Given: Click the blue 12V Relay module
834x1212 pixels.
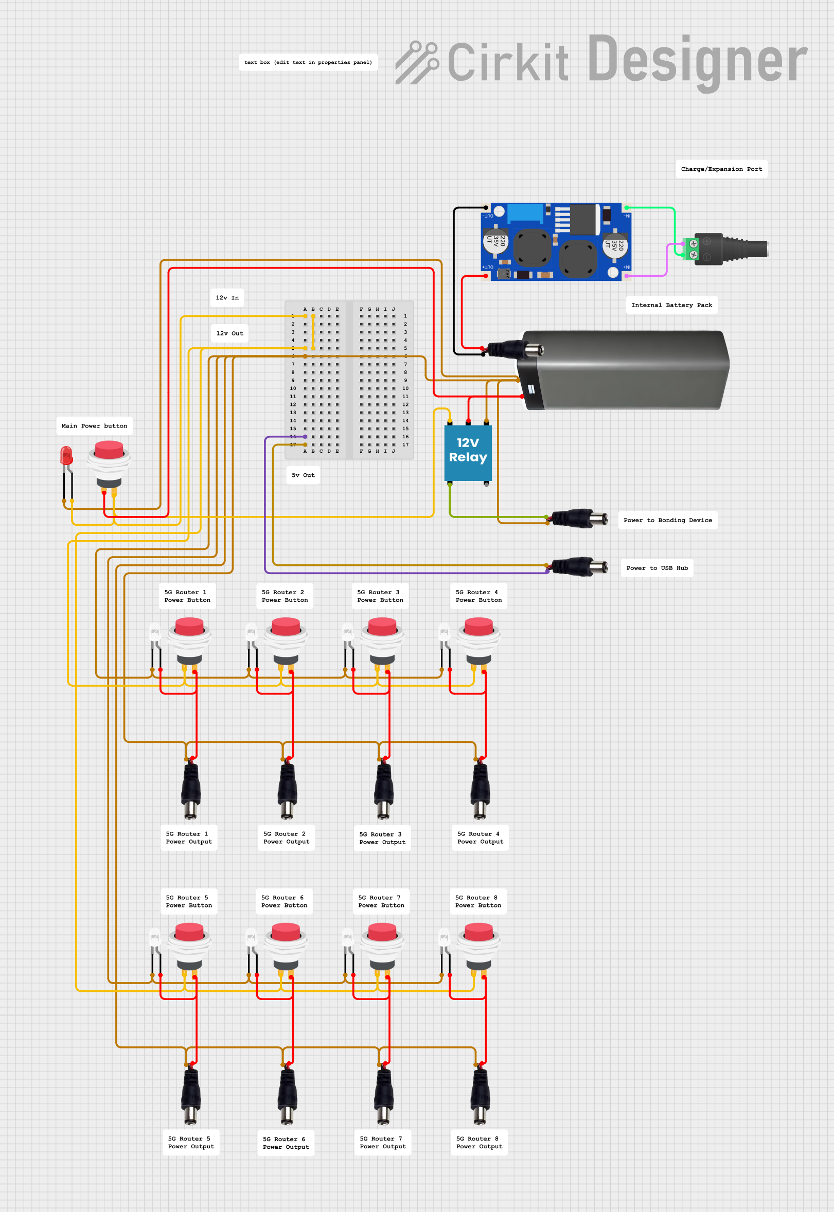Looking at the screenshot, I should (x=468, y=452).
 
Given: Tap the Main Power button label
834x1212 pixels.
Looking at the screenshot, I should (x=94, y=426).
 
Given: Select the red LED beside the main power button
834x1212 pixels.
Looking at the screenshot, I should (x=66, y=456).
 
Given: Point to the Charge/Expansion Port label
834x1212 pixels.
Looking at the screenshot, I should (x=721, y=169).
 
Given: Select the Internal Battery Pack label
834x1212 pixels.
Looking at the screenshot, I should (x=671, y=305).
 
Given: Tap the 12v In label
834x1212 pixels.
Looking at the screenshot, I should (x=227, y=298).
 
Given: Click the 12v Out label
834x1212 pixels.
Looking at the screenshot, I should (x=229, y=333).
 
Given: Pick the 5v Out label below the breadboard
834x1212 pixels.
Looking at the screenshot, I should (x=303, y=475).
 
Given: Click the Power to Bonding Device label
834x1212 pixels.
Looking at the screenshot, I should (x=667, y=520).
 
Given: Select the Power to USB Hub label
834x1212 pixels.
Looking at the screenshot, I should (x=657, y=568).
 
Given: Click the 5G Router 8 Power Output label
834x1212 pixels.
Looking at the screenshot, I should (x=479, y=1143).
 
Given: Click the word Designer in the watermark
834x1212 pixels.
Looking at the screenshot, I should (x=697, y=62).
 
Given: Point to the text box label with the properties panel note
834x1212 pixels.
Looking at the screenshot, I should (x=308, y=62).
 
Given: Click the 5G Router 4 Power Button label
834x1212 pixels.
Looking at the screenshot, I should (x=478, y=596).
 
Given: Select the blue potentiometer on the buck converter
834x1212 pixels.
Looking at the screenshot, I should (x=525, y=213).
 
